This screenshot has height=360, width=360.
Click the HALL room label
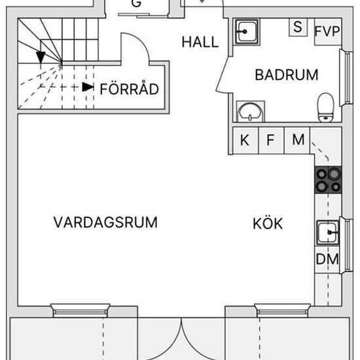(200, 42)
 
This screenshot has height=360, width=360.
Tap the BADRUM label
(287, 75)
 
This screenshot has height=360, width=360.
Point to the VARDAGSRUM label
(105, 223)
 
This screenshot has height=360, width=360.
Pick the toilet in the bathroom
(325, 107)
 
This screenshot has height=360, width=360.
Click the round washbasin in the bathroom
(250, 111)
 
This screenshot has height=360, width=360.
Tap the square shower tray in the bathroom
(246, 31)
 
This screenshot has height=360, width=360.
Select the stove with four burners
(328, 180)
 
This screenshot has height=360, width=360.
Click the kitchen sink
(328, 232)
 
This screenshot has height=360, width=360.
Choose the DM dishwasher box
(327, 259)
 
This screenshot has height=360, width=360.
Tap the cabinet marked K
(245, 140)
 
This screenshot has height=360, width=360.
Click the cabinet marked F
(271, 140)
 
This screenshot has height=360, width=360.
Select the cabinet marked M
(297, 140)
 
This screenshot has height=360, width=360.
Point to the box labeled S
(298, 27)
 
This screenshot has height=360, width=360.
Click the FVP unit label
(327, 31)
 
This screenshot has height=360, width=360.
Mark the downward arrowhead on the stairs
(41, 57)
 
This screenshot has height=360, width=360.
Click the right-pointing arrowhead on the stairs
(88, 87)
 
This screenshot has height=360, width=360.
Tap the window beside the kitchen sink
(347, 245)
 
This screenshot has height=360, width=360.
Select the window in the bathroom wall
(347, 78)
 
